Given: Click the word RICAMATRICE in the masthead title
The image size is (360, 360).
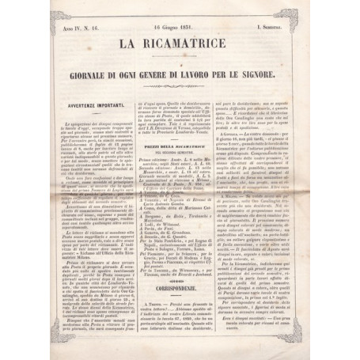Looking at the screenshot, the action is pos(189,45).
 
